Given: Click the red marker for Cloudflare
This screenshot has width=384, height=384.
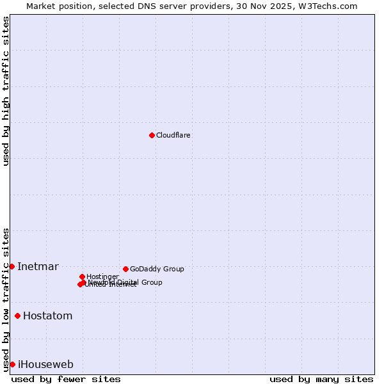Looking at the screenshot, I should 152,135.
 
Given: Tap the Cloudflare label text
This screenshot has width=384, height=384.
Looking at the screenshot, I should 173,136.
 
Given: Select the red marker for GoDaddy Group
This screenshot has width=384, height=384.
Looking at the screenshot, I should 125,269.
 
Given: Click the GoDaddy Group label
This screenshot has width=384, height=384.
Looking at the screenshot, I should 157,269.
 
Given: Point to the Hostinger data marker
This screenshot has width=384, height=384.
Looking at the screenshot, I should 82,276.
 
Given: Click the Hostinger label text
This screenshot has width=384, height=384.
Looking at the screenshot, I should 102,277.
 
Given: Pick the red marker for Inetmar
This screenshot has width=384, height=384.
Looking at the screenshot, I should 12,266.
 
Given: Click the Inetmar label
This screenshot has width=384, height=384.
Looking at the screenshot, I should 38,267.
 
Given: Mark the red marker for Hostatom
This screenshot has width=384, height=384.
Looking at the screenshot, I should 17,316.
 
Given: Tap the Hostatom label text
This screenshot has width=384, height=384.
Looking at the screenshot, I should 47,316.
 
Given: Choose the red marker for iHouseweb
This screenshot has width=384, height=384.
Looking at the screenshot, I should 12,364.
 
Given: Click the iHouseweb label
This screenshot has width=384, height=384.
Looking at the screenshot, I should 45,365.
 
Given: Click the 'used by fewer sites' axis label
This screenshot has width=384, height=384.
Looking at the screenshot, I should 66,380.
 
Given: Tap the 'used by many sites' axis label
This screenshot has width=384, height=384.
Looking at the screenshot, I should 321,380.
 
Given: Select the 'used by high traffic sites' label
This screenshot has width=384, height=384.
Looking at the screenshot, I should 6,91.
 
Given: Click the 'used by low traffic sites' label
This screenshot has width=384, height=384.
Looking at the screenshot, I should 6,299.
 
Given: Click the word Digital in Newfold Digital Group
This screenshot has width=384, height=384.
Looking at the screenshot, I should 129,282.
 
